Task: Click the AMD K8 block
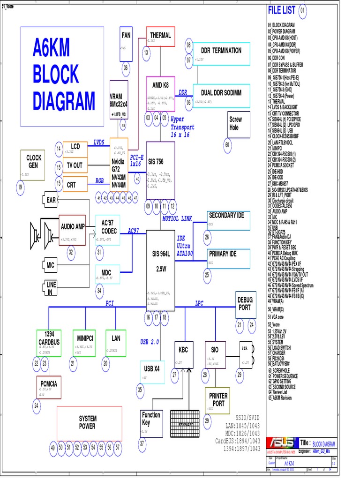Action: [x=160, y=94]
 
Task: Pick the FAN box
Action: [x=126, y=44]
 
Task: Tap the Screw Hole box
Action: [x=235, y=124]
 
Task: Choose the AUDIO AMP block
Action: [x=73, y=230]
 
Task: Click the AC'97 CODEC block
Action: [x=109, y=230]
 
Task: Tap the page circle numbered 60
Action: [x=227, y=145]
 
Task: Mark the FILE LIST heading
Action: [x=281, y=10]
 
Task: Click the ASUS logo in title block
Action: [x=281, y=443]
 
